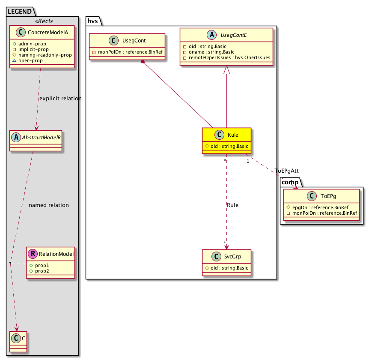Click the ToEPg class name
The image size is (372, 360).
327,196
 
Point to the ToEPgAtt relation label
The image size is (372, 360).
286,171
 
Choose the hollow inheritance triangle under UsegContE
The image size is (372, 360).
227,70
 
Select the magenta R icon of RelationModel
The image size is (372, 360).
33,254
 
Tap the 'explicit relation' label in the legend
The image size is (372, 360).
60,99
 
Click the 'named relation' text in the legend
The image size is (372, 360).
49,205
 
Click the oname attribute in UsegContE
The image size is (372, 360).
206,52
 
